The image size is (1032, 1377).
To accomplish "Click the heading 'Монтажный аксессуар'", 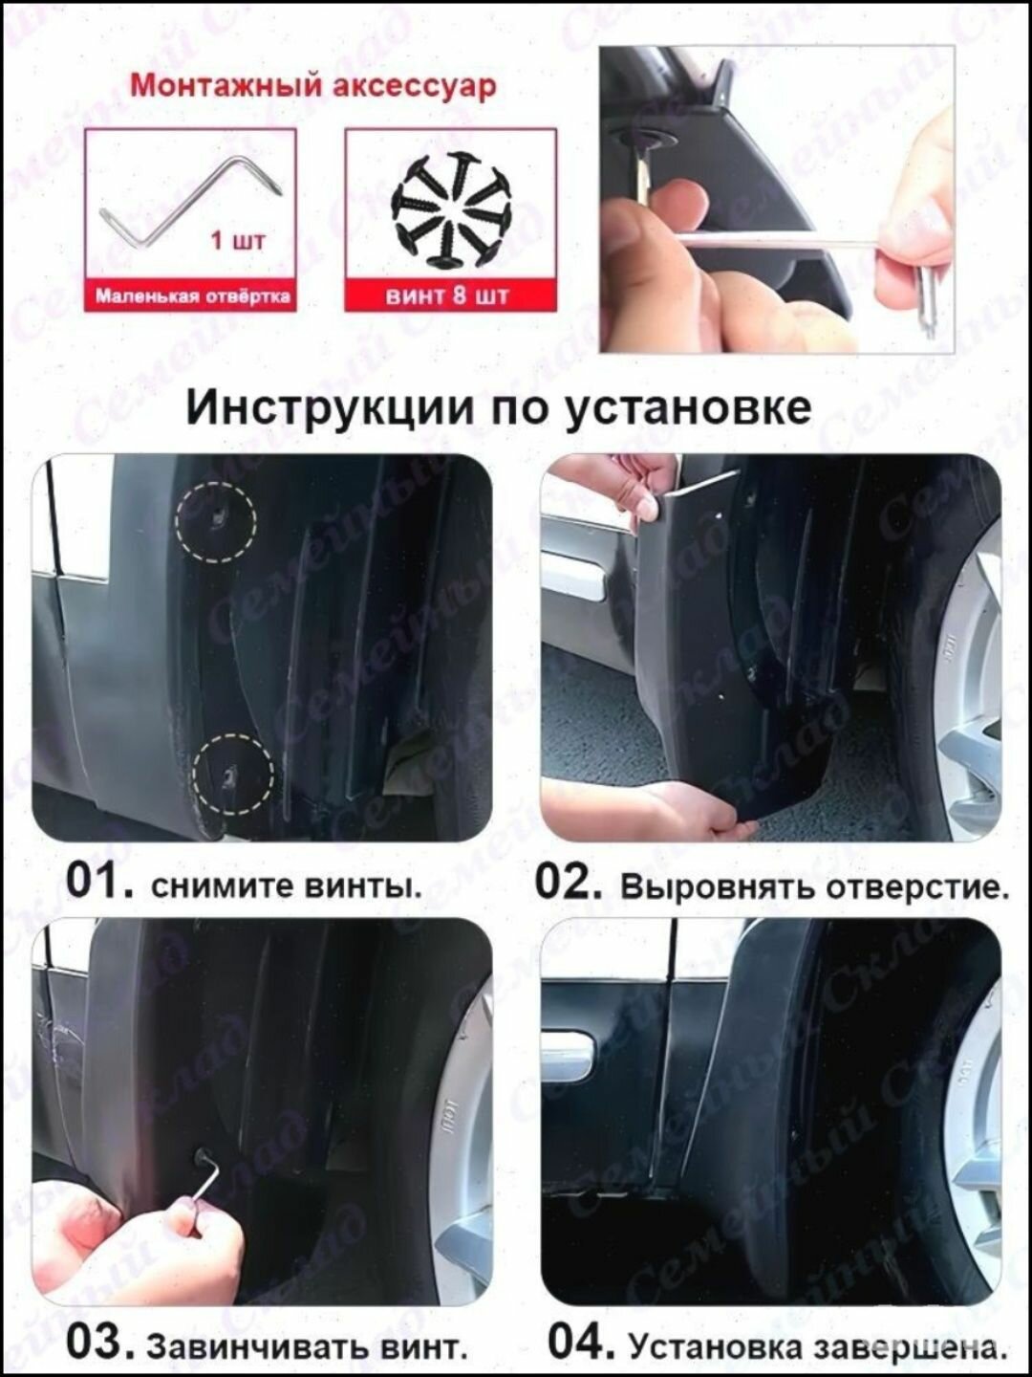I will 312,85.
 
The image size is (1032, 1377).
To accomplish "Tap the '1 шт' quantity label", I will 237,239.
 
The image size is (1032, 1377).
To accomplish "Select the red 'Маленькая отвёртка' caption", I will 192,296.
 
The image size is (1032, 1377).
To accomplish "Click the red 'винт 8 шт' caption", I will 447,295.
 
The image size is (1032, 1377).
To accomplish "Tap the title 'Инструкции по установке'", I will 498,406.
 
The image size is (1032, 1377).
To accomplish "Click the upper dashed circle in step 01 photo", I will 216,520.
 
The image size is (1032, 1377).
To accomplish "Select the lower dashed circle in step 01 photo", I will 232,774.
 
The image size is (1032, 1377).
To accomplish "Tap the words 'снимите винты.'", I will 286,885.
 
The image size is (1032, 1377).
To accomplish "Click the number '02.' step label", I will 569,881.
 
